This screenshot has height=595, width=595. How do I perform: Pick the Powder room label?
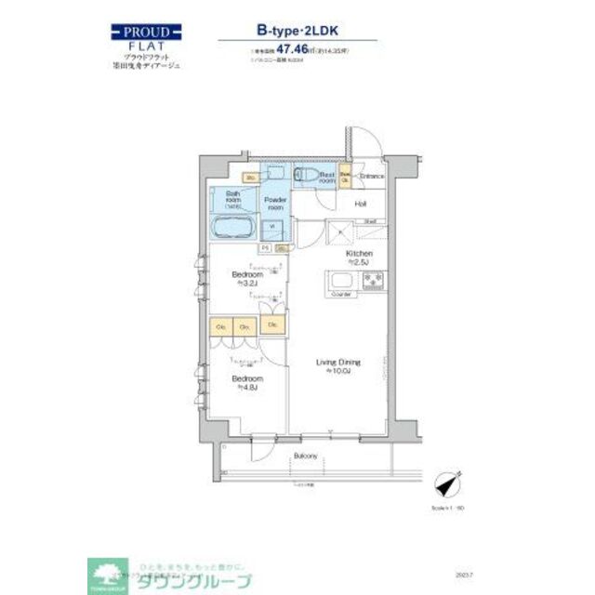pos(275,205)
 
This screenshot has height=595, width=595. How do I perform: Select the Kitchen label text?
pos(359,254)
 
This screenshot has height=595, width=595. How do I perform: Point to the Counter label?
pos(341,295)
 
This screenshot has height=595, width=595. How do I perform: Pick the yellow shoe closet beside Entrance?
pos(345,176)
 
